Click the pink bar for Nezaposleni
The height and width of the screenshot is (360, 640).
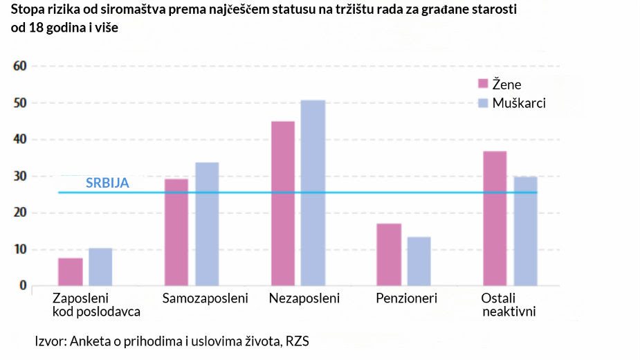coord(283,204)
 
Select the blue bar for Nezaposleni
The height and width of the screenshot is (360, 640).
coord(313,193)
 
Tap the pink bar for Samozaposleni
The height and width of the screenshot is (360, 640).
coord(176,233)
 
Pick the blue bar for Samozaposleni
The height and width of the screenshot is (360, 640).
coord(207,224)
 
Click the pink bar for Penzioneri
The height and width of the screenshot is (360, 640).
coord(390,254)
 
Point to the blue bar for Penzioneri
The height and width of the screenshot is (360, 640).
coord(419,261)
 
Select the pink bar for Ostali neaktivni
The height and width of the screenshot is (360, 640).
coord(495,218)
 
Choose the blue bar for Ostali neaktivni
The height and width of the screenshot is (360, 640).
coord(525,231)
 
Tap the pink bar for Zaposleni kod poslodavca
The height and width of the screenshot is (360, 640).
coord(71,271)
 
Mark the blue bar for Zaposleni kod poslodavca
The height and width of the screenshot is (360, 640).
coord(100,267)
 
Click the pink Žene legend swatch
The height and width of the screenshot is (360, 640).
coord(483,84)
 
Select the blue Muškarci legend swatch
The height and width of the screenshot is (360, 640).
coord(483,103)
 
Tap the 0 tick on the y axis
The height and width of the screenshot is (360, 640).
coord(22,286)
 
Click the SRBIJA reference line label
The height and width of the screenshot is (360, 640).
coord(107,183)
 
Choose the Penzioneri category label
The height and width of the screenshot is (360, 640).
coord(407,299)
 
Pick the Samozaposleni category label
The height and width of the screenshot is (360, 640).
coord(205,299)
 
